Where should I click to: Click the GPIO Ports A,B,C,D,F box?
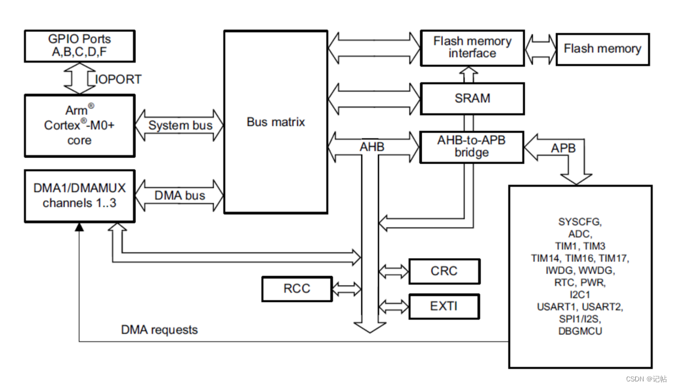(80, 46)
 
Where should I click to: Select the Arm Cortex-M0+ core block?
(80, 125)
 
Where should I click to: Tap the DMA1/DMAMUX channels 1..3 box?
(80, 195)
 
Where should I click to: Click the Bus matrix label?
(276, 122)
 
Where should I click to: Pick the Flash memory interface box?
(472, 47)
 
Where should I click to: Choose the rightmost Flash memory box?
(602, 49)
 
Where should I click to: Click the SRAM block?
(472, 98)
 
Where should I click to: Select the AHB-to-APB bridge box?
(472, 146)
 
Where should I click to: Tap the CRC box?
(444, 271)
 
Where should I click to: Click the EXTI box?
(444, 306)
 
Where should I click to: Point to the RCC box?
(297, 288)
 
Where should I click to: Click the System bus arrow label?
(180, 126)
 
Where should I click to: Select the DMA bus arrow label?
(180, 195)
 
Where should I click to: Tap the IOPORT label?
(118, 79)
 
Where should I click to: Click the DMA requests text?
(159, 330)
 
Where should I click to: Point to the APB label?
(563, 147)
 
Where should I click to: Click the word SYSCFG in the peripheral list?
(579, 222)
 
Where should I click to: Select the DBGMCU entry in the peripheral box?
(579, 330)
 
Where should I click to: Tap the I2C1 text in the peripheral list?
(579, 294)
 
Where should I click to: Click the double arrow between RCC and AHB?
(346, 289)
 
